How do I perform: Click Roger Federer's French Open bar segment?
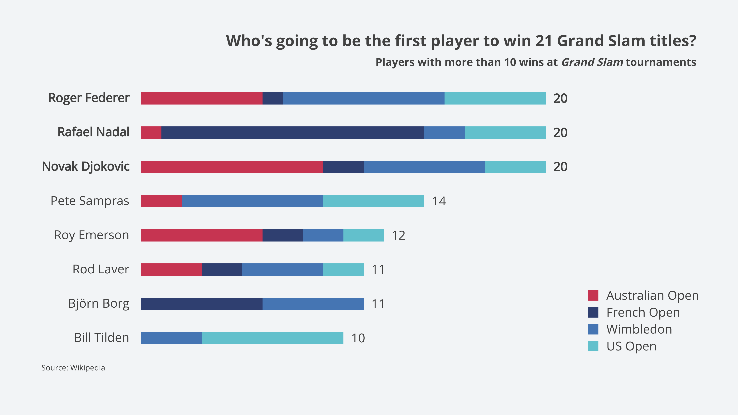click(273, 98)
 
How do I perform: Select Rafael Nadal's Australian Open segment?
click(151, 133)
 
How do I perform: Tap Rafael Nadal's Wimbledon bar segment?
click(444, 133)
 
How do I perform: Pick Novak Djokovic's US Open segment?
click(515, 167)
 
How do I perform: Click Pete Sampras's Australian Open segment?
click(161, 201)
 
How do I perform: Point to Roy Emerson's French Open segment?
click(283, 235)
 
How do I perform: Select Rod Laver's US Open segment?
click(343, 270)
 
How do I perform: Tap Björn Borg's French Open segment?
click(202, 304)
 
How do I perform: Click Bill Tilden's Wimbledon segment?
click(171, 338)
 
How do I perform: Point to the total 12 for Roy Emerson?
click(399, 235)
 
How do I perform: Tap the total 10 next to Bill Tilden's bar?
click(358, 338)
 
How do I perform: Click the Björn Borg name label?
click(99, 304)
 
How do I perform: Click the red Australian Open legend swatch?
click(593, 295)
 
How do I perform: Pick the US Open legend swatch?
click(593, 346)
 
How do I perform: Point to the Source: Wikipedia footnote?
click(73, 368)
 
